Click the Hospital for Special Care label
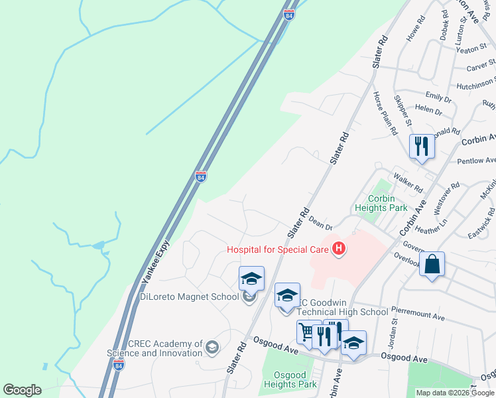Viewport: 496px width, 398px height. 278,249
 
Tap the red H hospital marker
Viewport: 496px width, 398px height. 339,249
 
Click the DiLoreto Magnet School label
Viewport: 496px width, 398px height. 189,297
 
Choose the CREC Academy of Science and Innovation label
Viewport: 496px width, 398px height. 155,348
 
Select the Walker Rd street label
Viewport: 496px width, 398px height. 408,182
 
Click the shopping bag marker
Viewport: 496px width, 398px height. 432,265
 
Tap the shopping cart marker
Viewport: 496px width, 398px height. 308,332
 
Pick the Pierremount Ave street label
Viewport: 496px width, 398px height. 417,317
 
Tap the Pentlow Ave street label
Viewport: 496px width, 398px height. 476,161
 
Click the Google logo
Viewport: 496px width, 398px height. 22,390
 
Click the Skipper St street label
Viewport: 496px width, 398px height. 403,111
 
